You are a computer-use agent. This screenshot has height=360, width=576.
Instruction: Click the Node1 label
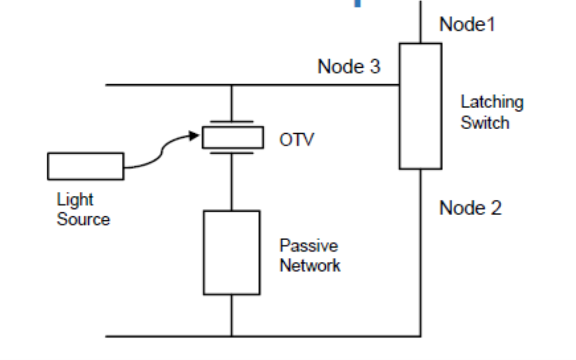pyautogui.click(x=467, y=24)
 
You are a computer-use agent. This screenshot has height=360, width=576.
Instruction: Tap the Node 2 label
pyautogui.click(x=470, y=208)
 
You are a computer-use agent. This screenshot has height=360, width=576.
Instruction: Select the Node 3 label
pyautogui.click(x=348, y=67)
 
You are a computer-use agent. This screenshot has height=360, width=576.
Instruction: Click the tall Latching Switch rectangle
pyautogui.click(x=420, y=106)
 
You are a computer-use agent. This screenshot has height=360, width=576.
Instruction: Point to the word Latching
pyautogui.click(x=492, y=102)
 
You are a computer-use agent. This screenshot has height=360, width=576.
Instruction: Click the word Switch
pyautogui.click(x=484, y=122)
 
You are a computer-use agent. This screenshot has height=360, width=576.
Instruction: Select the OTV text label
pyautogui.click(x=296, y=139)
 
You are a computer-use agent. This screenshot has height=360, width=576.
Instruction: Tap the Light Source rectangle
pyautogui.click(x=85, y=166)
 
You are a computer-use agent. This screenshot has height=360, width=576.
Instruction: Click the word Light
pyautogui.click(x=75, y=200)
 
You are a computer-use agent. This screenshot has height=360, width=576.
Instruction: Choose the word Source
pyautogui.click(x=83, y=219)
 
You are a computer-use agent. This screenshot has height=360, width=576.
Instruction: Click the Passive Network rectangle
pyautogui.click(x=231, y=252)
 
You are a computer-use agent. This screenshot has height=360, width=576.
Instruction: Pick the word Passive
pyautogui.click(x=309, y=245)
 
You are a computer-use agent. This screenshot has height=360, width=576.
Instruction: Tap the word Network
pyautogui.click(x=310, y=265)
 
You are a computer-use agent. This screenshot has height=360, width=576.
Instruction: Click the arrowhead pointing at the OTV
pyautogui.click(x=195, y=135)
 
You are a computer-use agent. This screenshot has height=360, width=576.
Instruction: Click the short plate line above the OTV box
pyautogui.click(x=233, y=121)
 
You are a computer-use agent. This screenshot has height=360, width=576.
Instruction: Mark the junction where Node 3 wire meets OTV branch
pyautogui.click(x=231, y=85)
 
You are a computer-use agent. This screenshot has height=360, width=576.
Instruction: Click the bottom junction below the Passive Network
pyautogui.click(x=231, y=336)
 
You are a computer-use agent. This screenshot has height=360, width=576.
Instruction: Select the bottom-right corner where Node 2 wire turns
pyautogui.click(x=420, y=336)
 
